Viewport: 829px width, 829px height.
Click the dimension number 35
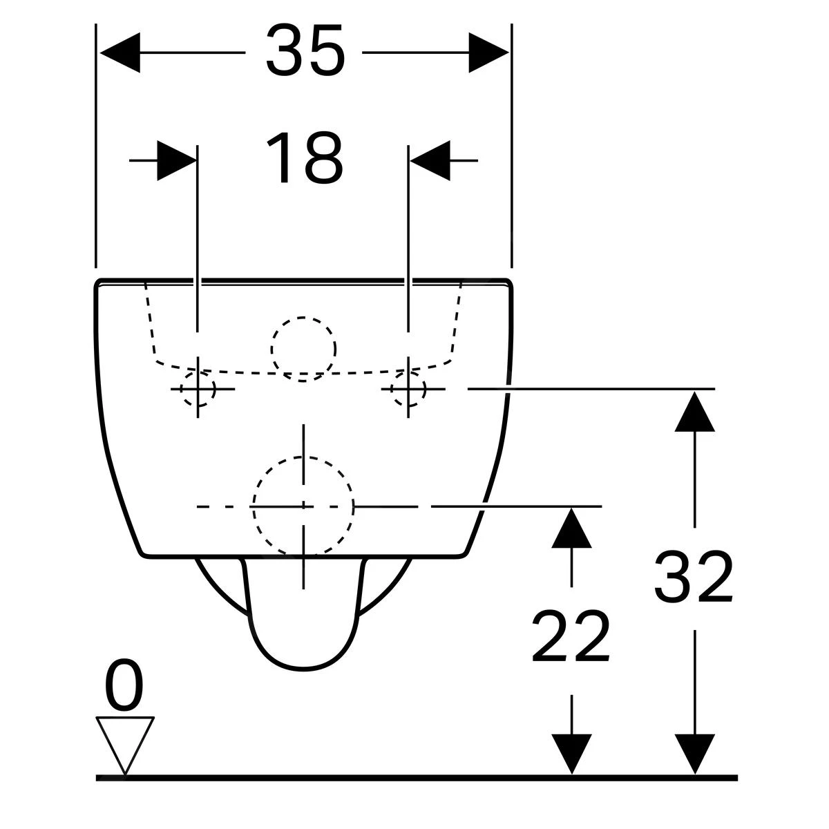305,50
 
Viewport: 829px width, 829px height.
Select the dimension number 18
305,158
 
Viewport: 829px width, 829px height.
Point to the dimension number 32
694,577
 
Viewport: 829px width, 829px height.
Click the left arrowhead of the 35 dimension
120,53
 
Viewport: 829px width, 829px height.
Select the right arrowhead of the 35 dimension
488,53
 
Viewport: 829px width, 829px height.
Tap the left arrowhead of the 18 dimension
177,160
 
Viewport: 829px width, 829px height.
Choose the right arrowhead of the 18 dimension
430,160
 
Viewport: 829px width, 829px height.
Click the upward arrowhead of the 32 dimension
695,411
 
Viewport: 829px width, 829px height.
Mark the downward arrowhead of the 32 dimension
695,754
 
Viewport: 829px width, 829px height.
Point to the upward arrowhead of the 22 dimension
571,527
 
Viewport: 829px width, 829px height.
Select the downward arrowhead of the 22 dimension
571,754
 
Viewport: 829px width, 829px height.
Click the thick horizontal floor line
417,777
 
